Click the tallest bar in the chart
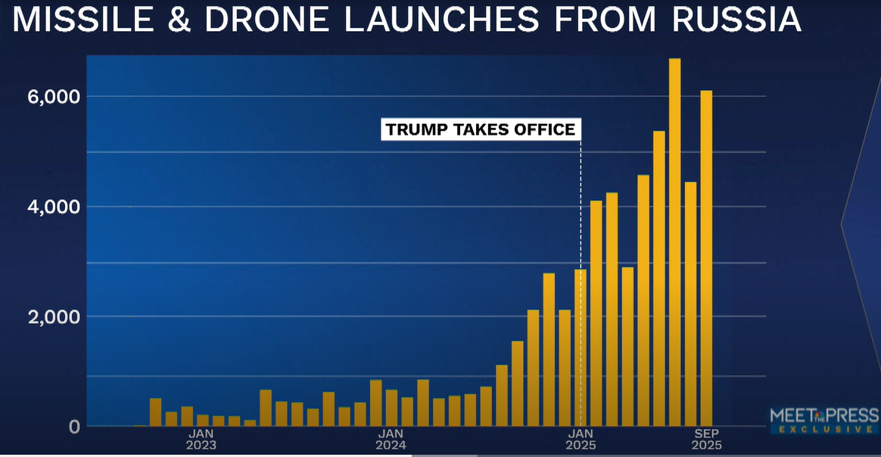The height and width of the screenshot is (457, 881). [674, 242]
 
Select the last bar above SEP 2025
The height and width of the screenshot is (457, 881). [705, 258]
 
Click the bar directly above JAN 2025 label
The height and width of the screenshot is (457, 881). [580, 348]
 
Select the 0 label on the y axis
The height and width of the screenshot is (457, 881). [73, 427]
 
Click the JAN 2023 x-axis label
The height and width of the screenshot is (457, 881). [201, 440]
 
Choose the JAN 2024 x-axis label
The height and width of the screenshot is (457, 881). [391, 440]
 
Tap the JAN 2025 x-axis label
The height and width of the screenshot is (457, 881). [580, 440]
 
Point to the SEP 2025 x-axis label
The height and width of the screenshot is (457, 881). [705, 440]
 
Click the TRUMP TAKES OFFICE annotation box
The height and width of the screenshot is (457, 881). [481, 129]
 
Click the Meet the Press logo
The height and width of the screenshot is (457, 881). [823, 415]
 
